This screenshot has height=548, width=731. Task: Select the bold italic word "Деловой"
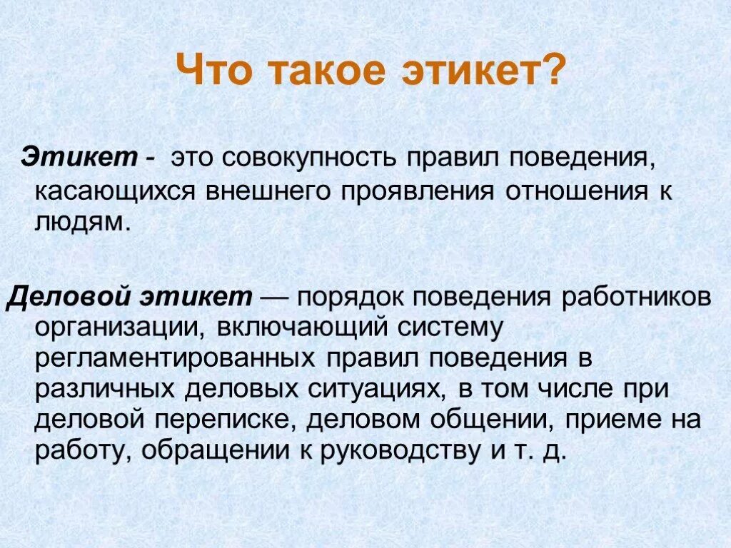pyautogui.click(x=65, y=297)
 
